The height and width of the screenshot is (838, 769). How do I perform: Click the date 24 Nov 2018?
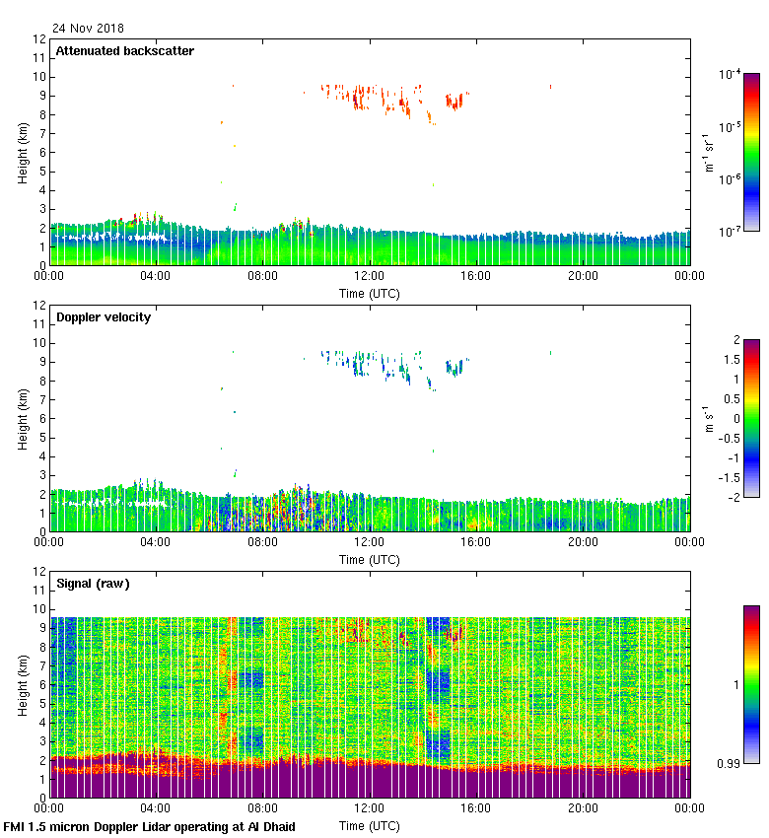click(90, 29)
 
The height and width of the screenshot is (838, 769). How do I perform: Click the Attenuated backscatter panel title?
click(125, 51)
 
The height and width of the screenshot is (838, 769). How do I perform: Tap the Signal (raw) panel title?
click(93, 584)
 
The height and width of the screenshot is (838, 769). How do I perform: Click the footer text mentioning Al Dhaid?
click(150, 826)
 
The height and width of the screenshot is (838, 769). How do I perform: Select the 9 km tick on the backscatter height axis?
click(41, 96)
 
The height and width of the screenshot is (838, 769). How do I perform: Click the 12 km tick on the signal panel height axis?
click(38, 571)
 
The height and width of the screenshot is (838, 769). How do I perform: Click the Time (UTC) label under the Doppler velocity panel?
click(370, 559)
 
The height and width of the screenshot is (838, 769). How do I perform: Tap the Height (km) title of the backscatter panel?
click(23, 153)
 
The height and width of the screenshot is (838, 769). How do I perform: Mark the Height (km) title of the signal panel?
click(23, 685)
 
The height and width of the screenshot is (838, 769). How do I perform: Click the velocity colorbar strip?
click(750, 418)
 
